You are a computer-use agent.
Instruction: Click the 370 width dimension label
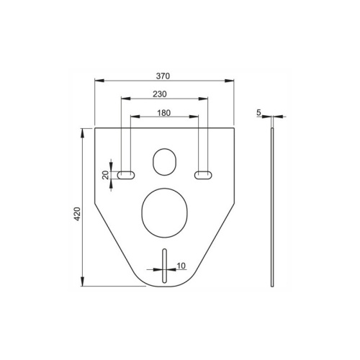[x=163, y=76]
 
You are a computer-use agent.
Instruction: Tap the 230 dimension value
[x=160, y=94]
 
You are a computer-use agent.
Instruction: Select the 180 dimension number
[x=164, y=113]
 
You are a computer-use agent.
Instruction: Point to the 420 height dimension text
[x=77, y=214]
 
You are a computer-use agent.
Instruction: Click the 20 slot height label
[x=105, y=175]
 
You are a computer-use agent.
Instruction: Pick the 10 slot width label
[x=181, y=266]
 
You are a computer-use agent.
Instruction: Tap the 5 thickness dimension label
[x=258, y=112]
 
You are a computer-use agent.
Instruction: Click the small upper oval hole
[x=164, y=162]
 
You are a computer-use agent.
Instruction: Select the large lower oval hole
[x=164, y=213]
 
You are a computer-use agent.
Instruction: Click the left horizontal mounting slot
[x=126, y=175]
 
